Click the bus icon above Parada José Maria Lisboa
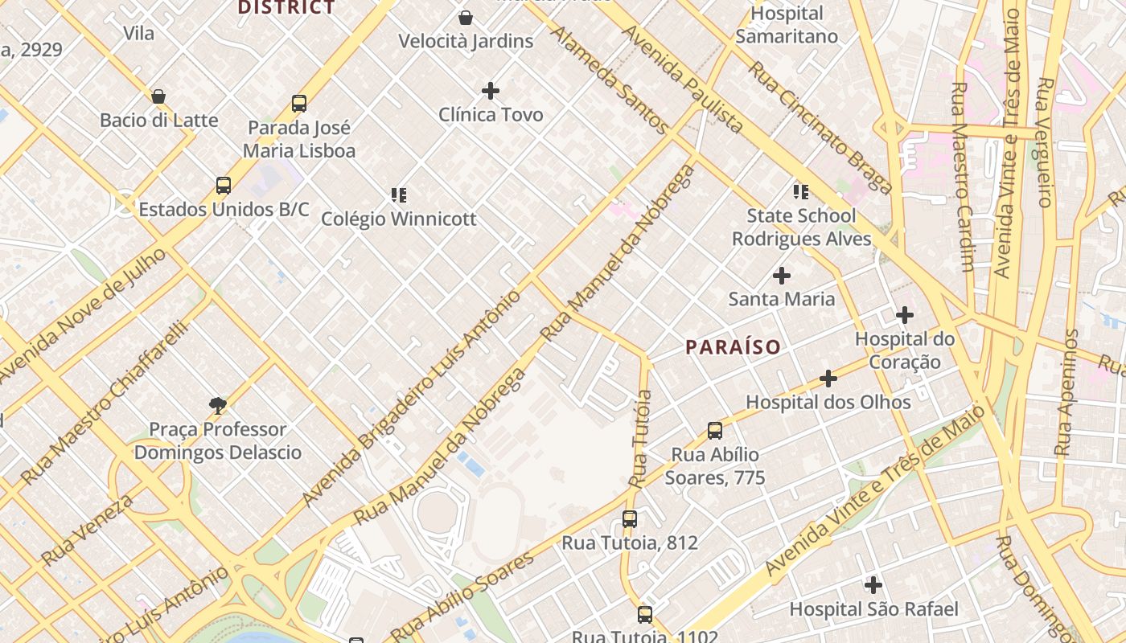(x=299, y=104)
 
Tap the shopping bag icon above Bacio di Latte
(x=158, y=96)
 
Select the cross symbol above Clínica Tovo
(x=491, y=91)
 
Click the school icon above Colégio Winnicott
(x=398, y=195)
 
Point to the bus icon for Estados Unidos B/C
(x=224, y=186)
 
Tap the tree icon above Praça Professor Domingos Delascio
(x=217, y=405)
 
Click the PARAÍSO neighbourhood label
(x=733, y=347)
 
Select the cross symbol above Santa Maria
(x=781, y=276)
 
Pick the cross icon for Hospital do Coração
(x=905, y=315)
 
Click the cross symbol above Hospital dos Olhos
(x=828, y=379)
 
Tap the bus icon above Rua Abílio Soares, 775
(x=715, y=431)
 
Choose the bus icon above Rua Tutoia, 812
(x=630, y=519)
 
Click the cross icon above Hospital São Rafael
(x=873, y=585)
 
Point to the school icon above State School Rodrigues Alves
(x=801, y=191)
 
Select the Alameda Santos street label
(x=608, y=79)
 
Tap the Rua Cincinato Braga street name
(x=820, y=127)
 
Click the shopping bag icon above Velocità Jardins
(x=466, y=18)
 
